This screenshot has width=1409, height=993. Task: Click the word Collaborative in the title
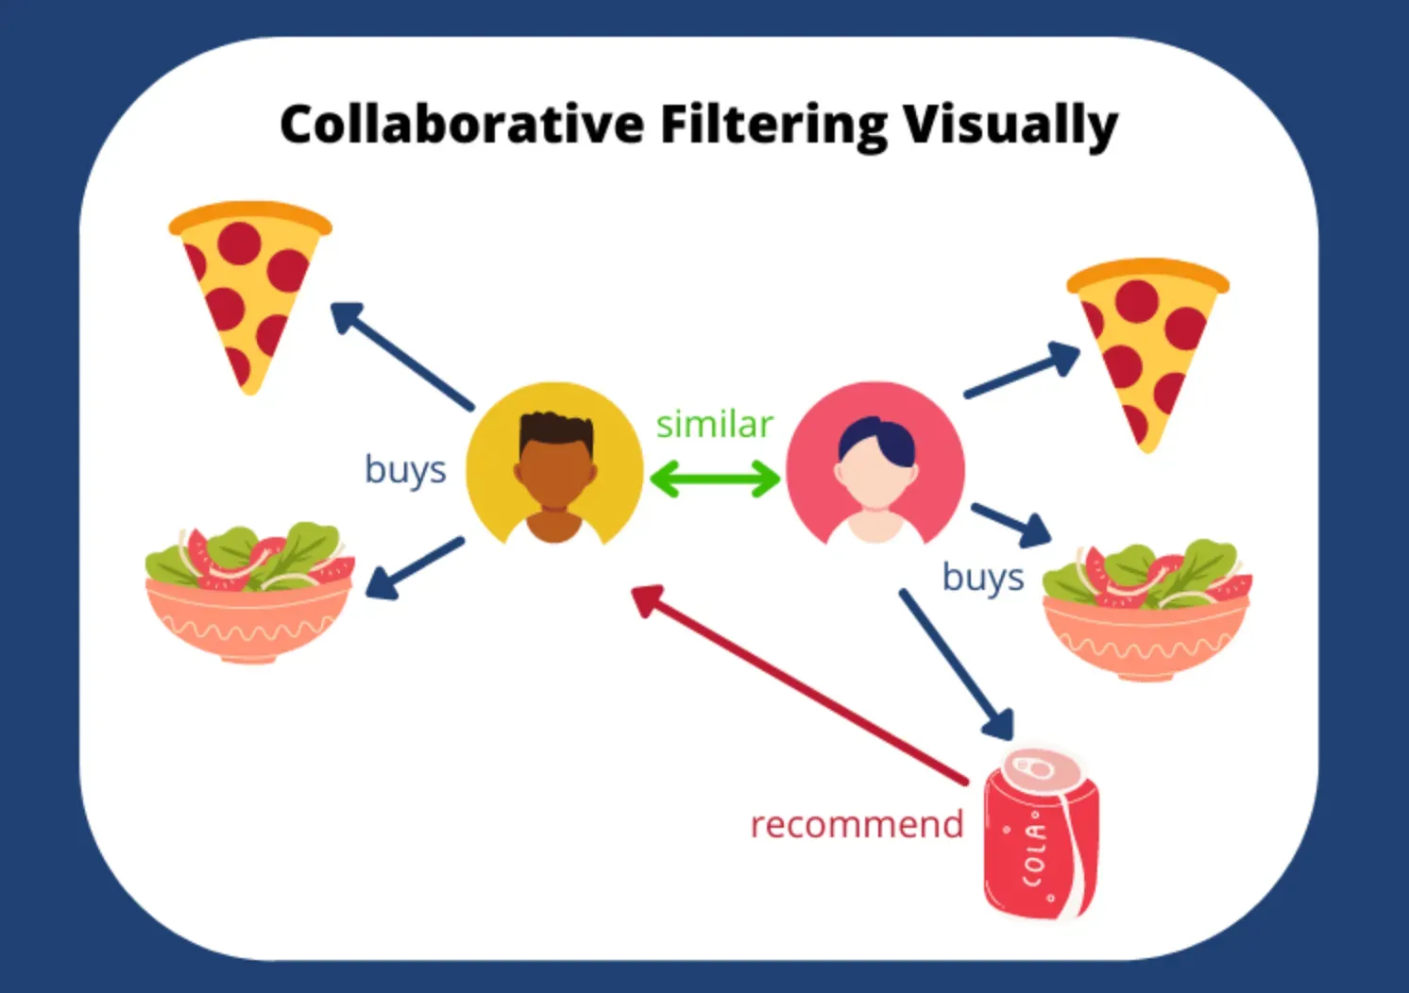click(461, 125)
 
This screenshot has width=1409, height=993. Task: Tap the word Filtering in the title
click(773, 125)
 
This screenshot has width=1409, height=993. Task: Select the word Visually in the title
click(1010, 126)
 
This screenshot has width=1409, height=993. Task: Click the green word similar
click(714, 425)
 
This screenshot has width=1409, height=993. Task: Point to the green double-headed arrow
click(715, 479)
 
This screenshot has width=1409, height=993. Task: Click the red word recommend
click(857, 824)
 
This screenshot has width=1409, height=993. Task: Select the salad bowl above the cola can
click(1146, 609)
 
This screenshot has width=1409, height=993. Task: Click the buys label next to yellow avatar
click(405, 470)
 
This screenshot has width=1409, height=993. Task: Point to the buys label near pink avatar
click(983, 578)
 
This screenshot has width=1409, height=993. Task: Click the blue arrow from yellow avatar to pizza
click(401, 355)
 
